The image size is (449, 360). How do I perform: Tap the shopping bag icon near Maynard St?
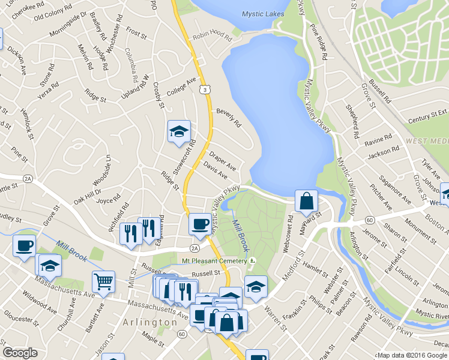pyautogui.click(x=306, y=201)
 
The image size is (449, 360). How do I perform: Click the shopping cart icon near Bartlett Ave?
pyautogui.click(x=103, y=281)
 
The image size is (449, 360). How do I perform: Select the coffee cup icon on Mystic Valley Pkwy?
pyautogui.click(x=199, y=224)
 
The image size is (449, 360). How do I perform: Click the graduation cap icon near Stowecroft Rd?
pyautogui.click(x=179, y=131)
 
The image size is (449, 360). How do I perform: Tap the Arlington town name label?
pyautogui.click(x=148, y=322)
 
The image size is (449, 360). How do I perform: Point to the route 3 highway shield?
pyautogui.click(x=205, y=89)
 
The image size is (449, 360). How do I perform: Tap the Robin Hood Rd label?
pyautogui.click(x=212, y=37)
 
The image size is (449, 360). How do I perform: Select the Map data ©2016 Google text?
pyautogui.click(x=412, y=355)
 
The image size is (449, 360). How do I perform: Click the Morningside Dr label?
pyautogui.click(x=65, y=24)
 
